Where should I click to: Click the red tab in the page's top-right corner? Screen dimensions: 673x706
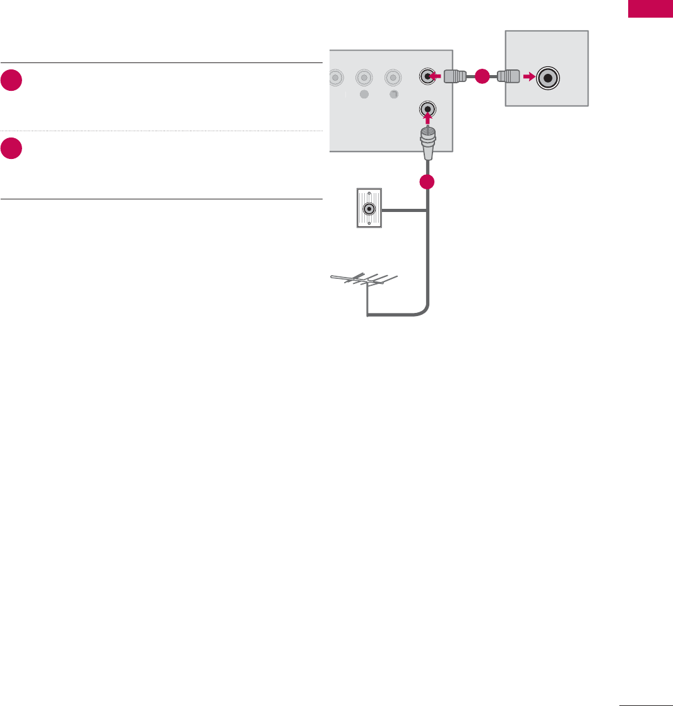pyautogui.click(x=650, y=9)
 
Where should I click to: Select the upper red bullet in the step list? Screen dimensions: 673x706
pyautogui.click(x=11, y=81)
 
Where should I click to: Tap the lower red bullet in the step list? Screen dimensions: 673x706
pyautogui.click(x=11, y=150)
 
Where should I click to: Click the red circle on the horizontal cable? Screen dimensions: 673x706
pyautogui.click(x=483, y=76)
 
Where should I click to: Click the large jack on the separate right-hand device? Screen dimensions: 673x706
pyautogui.click(x=548, y=78)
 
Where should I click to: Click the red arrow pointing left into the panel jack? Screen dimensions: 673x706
pyautogui.click(x=434, y=76)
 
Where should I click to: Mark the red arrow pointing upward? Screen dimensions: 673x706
pyautogui.click(x=428, y=119)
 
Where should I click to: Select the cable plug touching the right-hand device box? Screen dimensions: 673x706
pyautogui.click(x=508, y=77)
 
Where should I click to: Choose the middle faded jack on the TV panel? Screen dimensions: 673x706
pyautogui.click(x=364, y=78)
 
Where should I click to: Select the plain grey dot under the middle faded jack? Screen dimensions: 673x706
pyautogui.click(x=364, y=95)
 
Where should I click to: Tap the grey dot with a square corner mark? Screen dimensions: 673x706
pyautogui.click(x=393, y=95)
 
